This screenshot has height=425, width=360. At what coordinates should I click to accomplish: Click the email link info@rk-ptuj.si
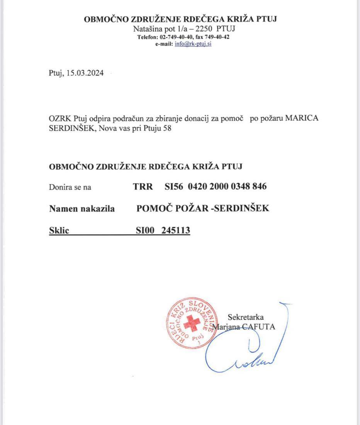[193, 44]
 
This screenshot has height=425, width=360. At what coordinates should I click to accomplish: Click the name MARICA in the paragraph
[302, 119]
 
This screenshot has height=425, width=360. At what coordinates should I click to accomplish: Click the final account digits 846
[259, 187]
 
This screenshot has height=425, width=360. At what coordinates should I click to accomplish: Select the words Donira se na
[70, 187]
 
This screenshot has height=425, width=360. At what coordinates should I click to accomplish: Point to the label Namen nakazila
[82, 209]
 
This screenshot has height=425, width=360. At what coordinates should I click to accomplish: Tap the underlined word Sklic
[59, 231]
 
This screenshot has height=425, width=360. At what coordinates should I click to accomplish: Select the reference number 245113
[176, 231]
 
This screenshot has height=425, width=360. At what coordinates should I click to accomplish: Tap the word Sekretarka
[246, 318]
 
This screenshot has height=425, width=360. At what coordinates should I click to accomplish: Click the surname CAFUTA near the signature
[262, 327]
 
